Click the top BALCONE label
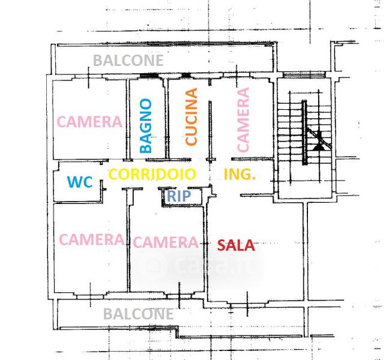(x=128, y=61)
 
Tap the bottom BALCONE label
(x=138, y=314)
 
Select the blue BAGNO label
(x=145, y=126)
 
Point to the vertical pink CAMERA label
(x=243, y=119)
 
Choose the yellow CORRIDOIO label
(x=152, y=175)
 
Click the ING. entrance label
(x=240, y=175)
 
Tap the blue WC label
(x=80, y=182)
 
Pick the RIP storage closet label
(x=179, y=196)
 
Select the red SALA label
(x=236, y=245)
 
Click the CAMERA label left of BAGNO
(x=89, y=122)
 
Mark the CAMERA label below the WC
(x=92, y=239)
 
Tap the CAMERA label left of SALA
(x=165, y=242)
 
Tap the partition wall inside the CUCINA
(x=210, y=129)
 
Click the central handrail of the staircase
(x=304, y=132)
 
